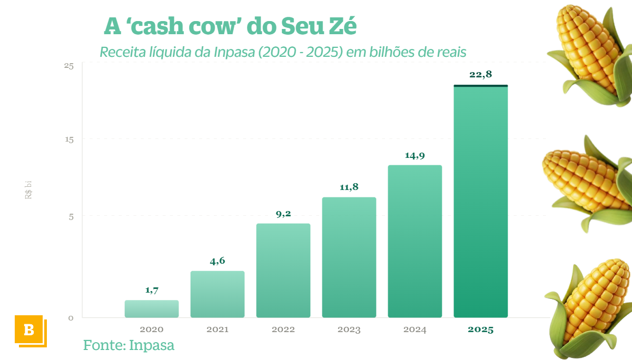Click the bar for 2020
[152, 309]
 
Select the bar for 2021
[218, 294]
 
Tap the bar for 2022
[283, 271]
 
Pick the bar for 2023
[349, 257]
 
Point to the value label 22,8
[480, 75]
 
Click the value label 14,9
[415, 155]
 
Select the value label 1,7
[152, 290]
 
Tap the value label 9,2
[283, 214]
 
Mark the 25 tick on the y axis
[69, 66]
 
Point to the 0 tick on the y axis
[71, 318]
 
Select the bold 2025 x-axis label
[481, 330]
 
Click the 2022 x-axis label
[283, 330]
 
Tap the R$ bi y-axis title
[28, 189]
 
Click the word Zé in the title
[341, 26]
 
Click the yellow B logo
[29, 330]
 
